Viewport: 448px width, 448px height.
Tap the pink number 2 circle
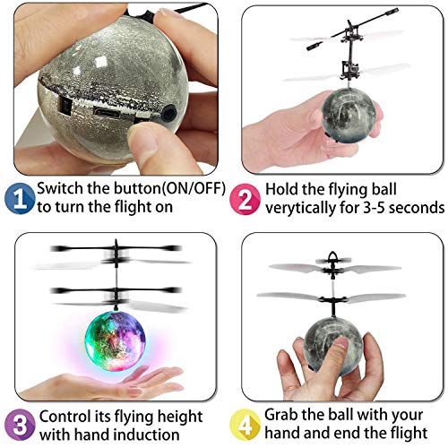(244, 198)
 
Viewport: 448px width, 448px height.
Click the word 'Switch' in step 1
(63, 189)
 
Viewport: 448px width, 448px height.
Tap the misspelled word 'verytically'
(304, 209)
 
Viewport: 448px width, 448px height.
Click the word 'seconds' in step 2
(421, 209)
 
